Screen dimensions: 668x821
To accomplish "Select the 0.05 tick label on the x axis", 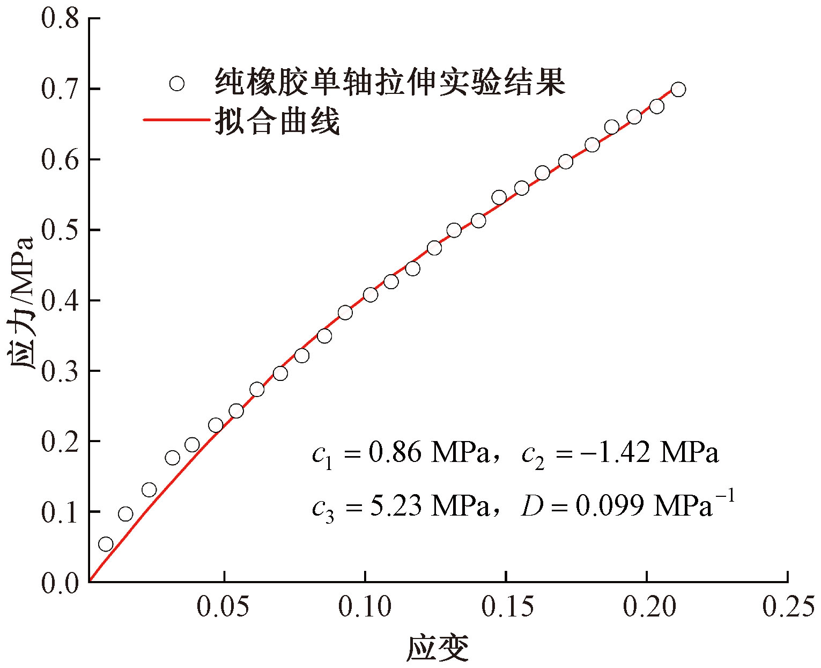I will pos(223,608).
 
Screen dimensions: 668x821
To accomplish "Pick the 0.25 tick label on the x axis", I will pos(787,608).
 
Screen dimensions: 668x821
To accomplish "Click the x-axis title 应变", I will pos(438,648).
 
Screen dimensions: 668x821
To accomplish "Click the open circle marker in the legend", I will pos(176,84).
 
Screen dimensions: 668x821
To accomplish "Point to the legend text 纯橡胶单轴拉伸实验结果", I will pos(390,84).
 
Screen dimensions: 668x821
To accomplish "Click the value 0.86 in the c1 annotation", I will pos(396,453).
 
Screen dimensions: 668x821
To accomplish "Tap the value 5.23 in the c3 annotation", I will pos(396,505).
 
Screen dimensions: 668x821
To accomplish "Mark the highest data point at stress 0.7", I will pos(678,89).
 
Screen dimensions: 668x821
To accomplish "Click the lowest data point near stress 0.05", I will pos(106,544).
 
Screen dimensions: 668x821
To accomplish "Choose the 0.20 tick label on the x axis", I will pos(647,608).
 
